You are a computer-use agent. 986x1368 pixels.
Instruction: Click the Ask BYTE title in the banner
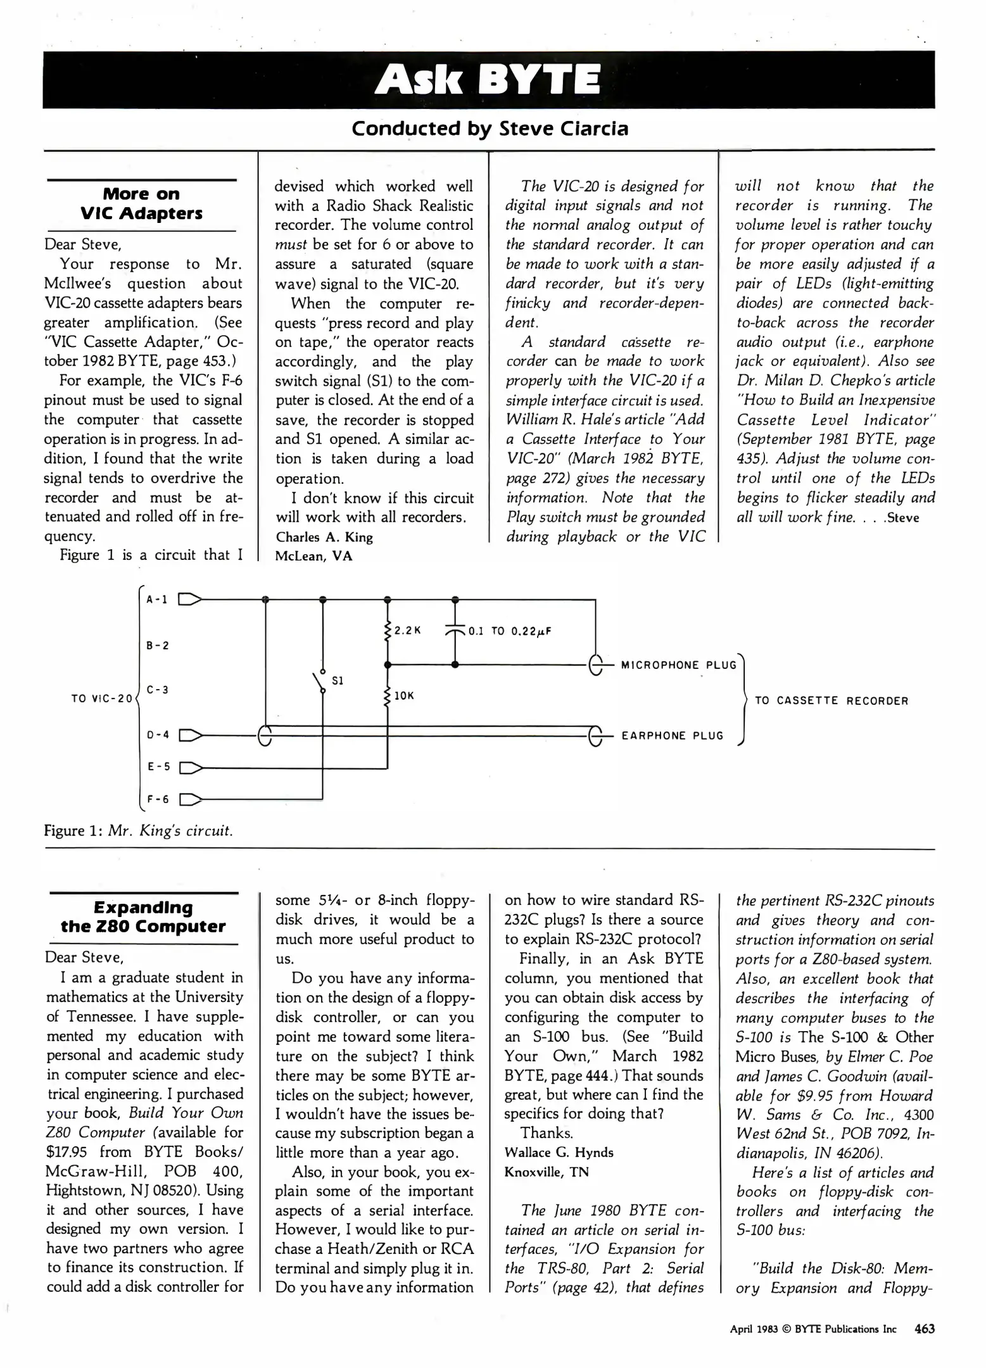pos(488,81)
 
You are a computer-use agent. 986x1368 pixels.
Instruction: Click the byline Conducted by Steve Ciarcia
pos(490,129)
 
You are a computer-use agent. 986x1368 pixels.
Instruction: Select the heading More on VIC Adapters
pos(141,203)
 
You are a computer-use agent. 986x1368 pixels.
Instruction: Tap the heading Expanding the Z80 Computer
pos(143,916)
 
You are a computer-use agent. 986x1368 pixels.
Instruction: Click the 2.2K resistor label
pos(407,631)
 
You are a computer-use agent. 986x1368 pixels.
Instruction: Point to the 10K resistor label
pos(404,695)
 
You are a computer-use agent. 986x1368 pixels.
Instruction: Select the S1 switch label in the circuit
pos(338,681)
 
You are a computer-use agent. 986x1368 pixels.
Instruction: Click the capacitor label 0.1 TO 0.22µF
pos(510,631)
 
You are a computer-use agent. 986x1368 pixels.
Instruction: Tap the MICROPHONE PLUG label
pos(678,665)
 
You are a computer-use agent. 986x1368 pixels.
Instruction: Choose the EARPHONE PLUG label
pos(672,735)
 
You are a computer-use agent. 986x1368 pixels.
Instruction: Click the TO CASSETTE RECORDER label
pos(831,700)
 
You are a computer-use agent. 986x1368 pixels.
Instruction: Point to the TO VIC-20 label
pos(102,699)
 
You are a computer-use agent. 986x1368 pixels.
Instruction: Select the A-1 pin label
pos(157,599)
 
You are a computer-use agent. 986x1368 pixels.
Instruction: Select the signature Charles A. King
pos(324,537)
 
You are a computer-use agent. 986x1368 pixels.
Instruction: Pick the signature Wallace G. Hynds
pos(559,1152)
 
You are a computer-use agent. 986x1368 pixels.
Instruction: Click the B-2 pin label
pos(157,646)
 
